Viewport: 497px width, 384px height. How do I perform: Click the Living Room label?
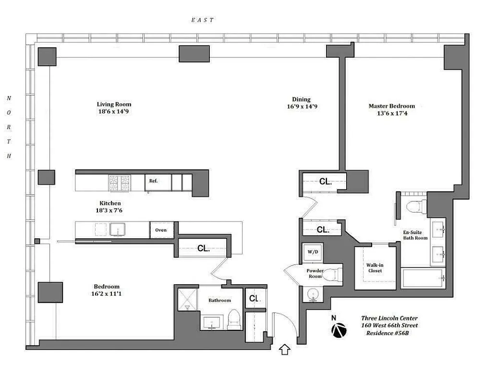click(x=114, y=104)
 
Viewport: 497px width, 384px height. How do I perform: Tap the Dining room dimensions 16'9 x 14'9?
click(x=302, y=107)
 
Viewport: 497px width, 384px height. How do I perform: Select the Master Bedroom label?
click(x=391, y=106)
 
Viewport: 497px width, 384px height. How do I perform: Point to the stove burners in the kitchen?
click(x=120, y=183)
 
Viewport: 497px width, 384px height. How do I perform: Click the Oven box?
click(x=161, y=230)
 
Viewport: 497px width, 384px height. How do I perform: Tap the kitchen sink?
click(x=117, y=229)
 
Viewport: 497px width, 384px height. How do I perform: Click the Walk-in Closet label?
click(x=375, y=268)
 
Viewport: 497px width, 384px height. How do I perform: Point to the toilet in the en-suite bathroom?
click(x=413, y=206)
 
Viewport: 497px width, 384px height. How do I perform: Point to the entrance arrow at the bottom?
click(x=284, y=350)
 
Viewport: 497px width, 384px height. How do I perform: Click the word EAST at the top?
click(x=202, y=20)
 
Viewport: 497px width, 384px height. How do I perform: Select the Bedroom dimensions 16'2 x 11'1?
click(x=107, y=294)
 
